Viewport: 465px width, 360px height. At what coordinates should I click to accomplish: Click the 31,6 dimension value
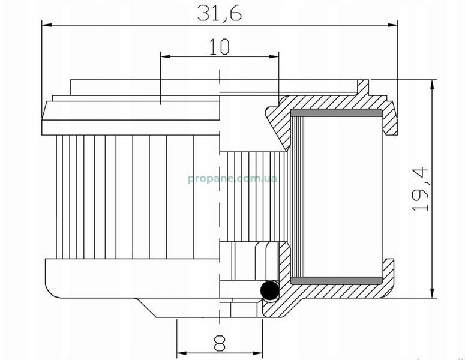click(220, 13)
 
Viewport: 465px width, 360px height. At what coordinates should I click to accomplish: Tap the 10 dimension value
click(220, 47)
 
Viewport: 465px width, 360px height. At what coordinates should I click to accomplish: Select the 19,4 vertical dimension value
click(421, 190)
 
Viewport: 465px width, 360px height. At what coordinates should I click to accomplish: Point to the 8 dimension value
click(220, 343)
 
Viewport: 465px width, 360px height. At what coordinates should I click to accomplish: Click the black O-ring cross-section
click(269, 290)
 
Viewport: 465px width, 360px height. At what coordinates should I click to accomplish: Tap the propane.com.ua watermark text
click(233, 179)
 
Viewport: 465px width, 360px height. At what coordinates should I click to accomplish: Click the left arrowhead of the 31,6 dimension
click(47, 25)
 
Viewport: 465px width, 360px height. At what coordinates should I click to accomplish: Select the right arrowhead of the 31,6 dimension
click(392, 25)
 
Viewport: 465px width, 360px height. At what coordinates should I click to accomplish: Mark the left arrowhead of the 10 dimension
click(166, 56)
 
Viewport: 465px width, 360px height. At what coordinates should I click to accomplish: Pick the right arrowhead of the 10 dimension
click(274, 56)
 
